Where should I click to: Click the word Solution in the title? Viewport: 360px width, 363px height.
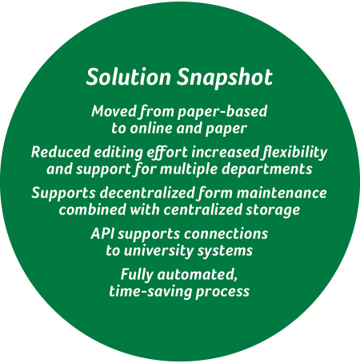(128, 77)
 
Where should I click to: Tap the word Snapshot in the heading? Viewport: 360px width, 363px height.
(225, 78)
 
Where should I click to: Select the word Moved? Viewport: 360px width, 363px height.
(114, 111)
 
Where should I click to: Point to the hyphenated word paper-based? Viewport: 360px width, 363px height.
(222, 112)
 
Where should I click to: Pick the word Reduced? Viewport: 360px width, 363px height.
(61, 152)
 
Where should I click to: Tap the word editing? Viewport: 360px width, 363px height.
(118, 153)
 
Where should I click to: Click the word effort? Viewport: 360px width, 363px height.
(167, 153)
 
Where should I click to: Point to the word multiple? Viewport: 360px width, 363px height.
(189, 170)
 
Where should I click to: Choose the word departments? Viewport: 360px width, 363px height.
(266, 170)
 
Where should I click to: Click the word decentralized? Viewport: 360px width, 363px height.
(147, 193)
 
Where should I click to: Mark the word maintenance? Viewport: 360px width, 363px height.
(282, 193)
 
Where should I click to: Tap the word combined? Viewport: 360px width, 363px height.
(92, 209)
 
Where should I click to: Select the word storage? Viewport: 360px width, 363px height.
(273, 210)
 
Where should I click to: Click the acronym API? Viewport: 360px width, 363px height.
(102, 233)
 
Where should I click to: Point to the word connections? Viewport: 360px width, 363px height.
(226, 233)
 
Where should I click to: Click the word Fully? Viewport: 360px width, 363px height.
(137, 275)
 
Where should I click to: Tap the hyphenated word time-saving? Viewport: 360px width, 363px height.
(150, 292)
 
